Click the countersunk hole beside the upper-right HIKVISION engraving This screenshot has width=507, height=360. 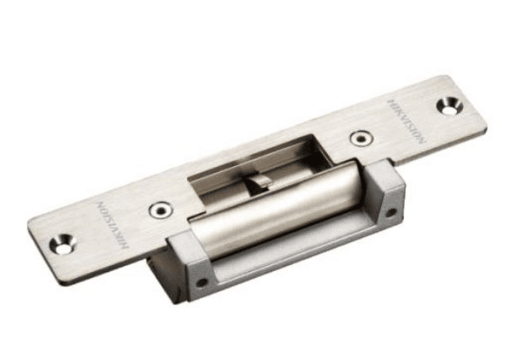click(449, 106)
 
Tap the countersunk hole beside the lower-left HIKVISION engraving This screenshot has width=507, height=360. click(63, 243)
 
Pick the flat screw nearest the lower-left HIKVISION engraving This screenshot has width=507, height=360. click(160, 209)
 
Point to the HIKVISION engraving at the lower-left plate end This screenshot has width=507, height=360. click(112, 224)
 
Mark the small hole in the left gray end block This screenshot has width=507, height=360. click(202, 281)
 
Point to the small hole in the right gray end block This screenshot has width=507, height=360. click(392, 212)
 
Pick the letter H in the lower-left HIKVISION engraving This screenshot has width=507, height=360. click(125, 244)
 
